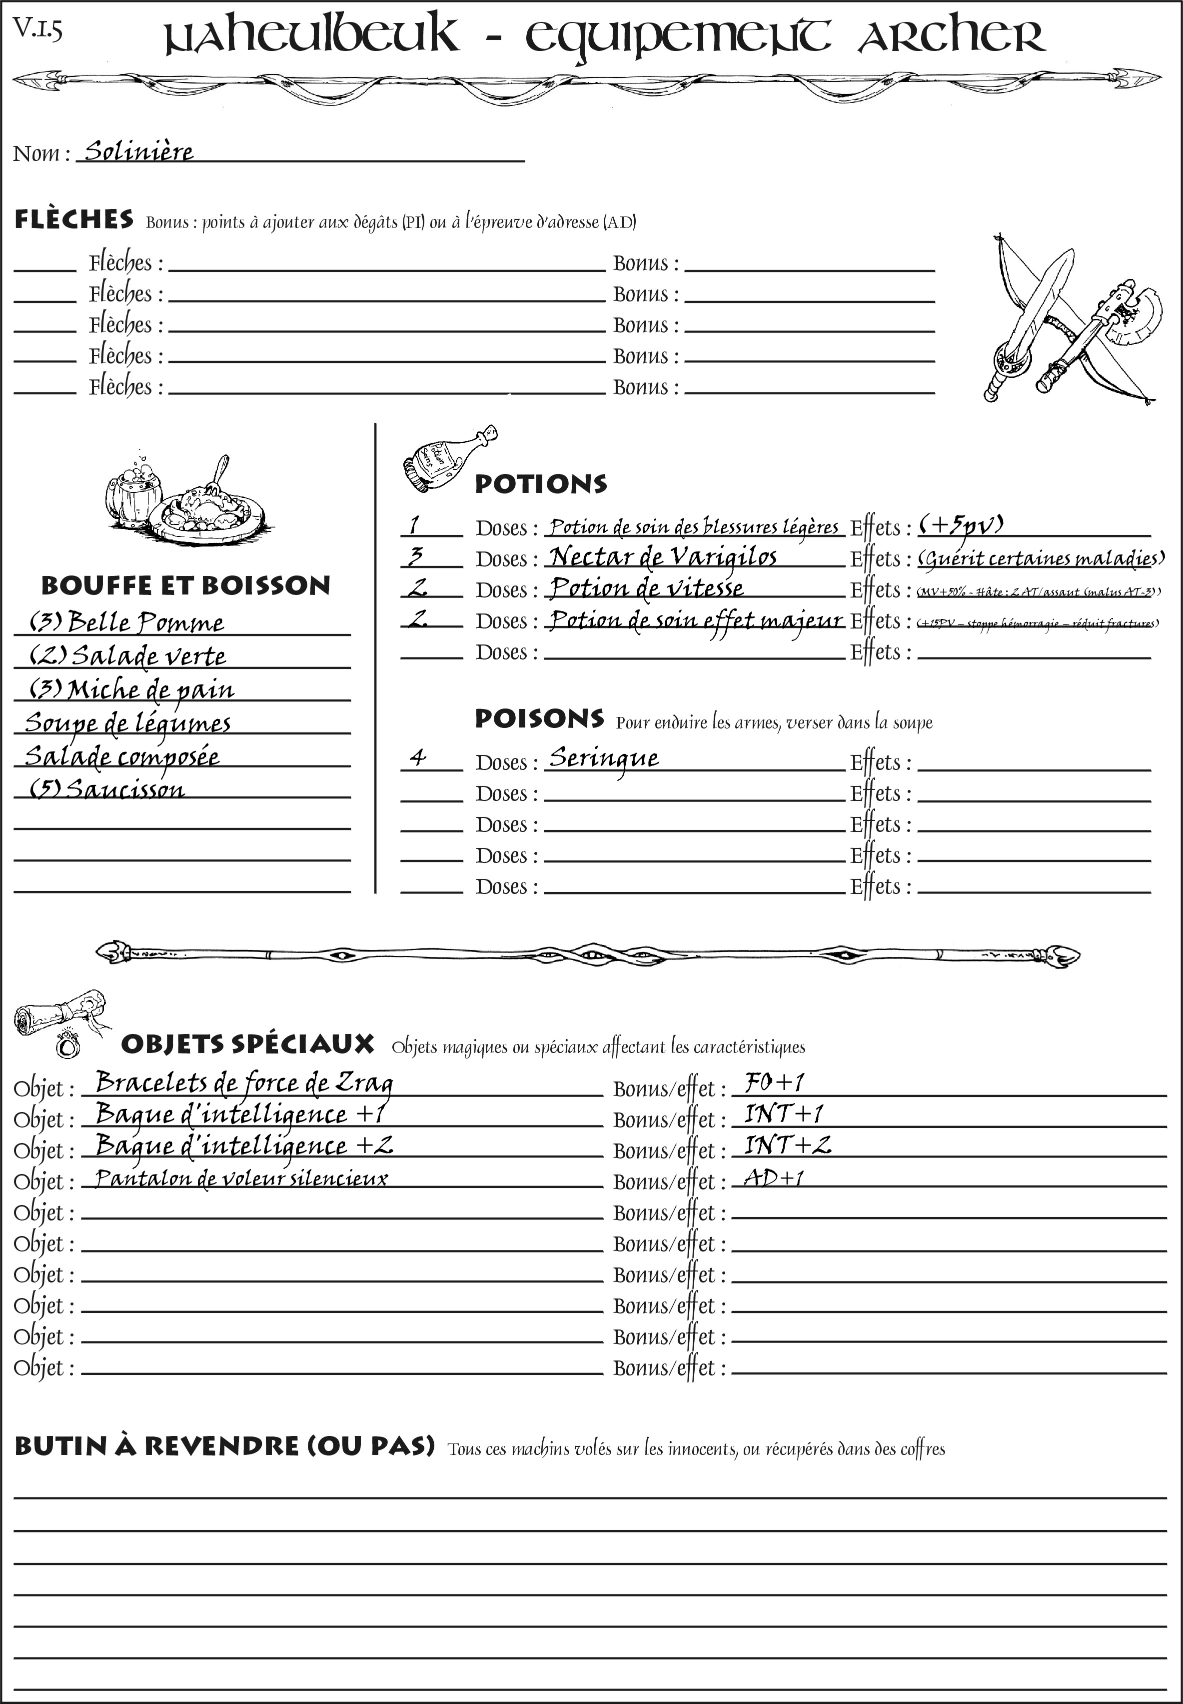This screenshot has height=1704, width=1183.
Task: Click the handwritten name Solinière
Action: click(138, 151)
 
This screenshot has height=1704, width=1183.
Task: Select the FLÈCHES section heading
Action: click(74, 219)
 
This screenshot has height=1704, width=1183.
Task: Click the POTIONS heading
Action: click(540, 484)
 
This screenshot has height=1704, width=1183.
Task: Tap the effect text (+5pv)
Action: click(961, 525)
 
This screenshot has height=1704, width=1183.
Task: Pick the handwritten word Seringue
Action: click(603, 758)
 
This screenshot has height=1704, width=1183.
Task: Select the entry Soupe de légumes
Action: click(127, 722)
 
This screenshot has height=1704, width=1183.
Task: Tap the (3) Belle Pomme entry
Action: click(126, 622)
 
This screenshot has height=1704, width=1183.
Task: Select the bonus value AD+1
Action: click(774, 1177)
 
